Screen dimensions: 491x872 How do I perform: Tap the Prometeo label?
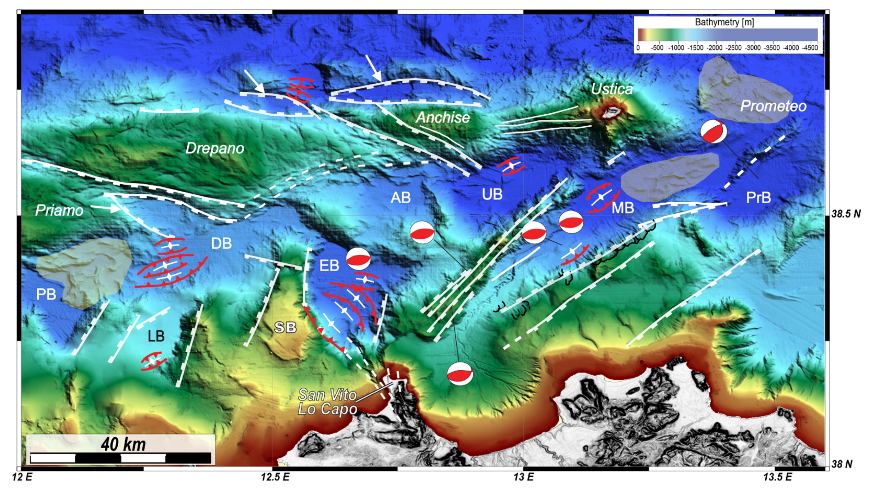(x=773, y=106)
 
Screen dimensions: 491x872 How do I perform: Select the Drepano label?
(x=215, y=148)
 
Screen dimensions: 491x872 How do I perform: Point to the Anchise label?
(x=443, y=118)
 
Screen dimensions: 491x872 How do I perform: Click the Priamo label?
(x=59, y=210)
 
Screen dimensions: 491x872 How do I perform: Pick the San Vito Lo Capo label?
(x=327, y=402)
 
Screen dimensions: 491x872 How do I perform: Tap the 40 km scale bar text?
(x=123, y=444)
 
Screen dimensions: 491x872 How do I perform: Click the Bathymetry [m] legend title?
(x=724, y=22)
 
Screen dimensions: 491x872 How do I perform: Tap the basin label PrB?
(x=758, y=198)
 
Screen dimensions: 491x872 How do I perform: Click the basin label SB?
(x=285, y=327)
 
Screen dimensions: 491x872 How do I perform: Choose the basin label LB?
(x=156, y=336)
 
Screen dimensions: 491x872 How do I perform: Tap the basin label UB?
(x=492, y=194)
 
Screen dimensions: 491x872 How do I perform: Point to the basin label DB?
(x=221, y=243)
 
